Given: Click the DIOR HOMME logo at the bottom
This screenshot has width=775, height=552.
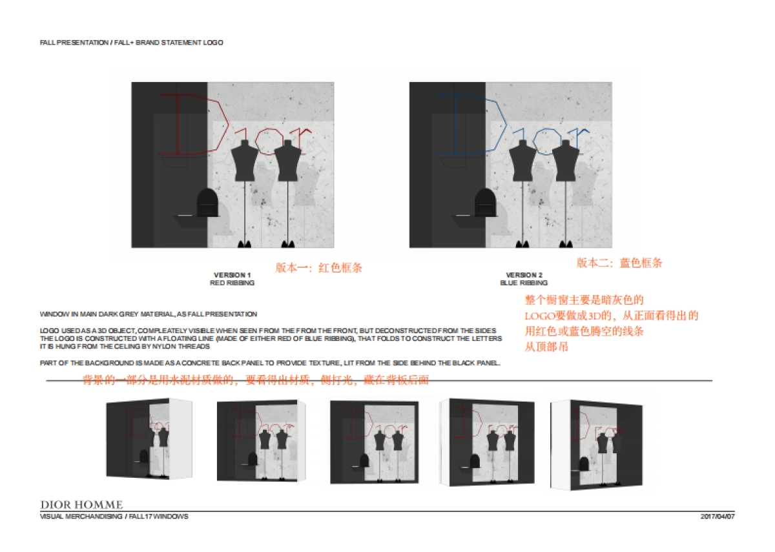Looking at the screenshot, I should coord(81,504).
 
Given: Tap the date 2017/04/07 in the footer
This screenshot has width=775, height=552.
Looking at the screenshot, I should coord(718,516).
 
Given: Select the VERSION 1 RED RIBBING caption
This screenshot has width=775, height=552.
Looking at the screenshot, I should coord(232,279).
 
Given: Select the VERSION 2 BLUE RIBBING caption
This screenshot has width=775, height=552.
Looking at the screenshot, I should coord(524,279).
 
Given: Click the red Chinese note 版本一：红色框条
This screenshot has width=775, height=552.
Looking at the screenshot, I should coord(319,267).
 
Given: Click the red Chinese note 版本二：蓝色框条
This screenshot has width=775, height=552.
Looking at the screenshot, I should coord(619,263).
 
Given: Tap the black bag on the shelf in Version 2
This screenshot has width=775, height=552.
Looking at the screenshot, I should coord(486,203).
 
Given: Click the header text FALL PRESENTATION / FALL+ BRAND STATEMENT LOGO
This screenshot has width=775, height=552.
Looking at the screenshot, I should coord(131,43).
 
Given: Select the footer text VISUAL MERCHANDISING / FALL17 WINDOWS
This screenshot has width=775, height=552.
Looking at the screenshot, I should coord(114,516).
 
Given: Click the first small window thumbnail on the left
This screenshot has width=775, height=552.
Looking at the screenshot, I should coord(149,439).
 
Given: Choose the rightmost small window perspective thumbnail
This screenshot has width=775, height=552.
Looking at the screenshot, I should coord(596,442).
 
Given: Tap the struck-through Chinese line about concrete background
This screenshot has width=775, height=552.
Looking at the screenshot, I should coord(255,380).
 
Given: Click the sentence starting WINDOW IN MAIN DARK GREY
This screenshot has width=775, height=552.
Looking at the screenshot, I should coord(149,314).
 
